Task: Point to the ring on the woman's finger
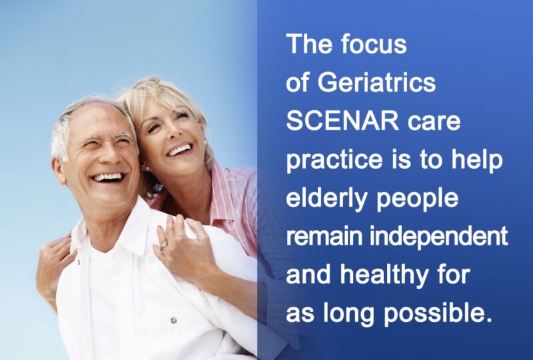(164, 246)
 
